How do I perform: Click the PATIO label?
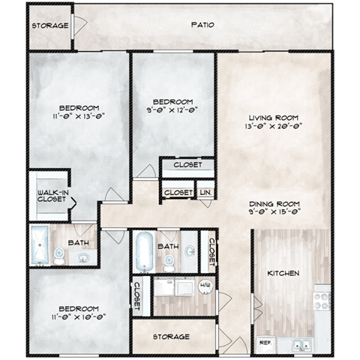tap(202, 25)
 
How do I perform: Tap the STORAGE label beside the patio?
tap(50, 26)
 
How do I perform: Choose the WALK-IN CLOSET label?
tap(49, 196)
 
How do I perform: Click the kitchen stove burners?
tap(321, 300)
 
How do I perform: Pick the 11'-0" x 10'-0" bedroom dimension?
tap(77, 319)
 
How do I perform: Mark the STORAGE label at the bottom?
tap(171, 337)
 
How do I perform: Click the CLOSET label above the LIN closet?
tap(187, 165)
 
